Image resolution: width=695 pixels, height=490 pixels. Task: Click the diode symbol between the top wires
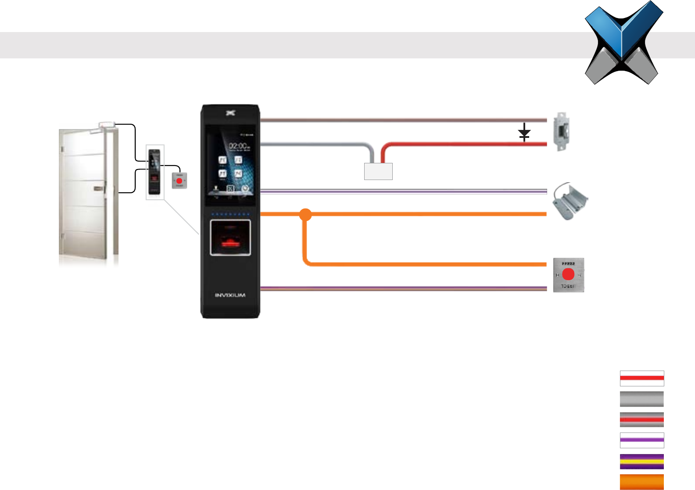tap(524, 133)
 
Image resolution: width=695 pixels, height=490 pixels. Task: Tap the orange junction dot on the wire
tap(305, 215)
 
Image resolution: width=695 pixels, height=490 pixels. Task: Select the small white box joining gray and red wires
tap(378, 171)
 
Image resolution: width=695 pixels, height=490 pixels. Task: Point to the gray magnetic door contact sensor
tap(570, 201)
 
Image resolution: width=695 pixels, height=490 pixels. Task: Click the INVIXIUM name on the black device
tap(230, 295)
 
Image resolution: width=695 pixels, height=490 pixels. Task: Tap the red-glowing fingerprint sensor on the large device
tap(230, 238)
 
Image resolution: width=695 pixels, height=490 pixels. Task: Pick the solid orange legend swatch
tap(641, 482)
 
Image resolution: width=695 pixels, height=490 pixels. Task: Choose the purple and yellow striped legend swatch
tap(641, 461)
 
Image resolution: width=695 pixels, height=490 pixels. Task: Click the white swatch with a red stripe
tap(641, 378)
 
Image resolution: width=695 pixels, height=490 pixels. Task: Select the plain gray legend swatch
tap(641, 399)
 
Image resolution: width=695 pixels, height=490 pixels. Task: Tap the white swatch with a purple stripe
tap(641, 440)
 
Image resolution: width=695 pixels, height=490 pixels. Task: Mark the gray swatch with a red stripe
tap(641, 420)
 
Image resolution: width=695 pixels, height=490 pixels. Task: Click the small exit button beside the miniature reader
tap(179, 180)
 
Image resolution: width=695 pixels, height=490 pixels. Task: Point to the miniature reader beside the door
tap(154, 172)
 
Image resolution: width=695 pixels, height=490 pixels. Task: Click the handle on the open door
tap(98, 189)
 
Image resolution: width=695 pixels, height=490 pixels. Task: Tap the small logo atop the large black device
tap(230, 113)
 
